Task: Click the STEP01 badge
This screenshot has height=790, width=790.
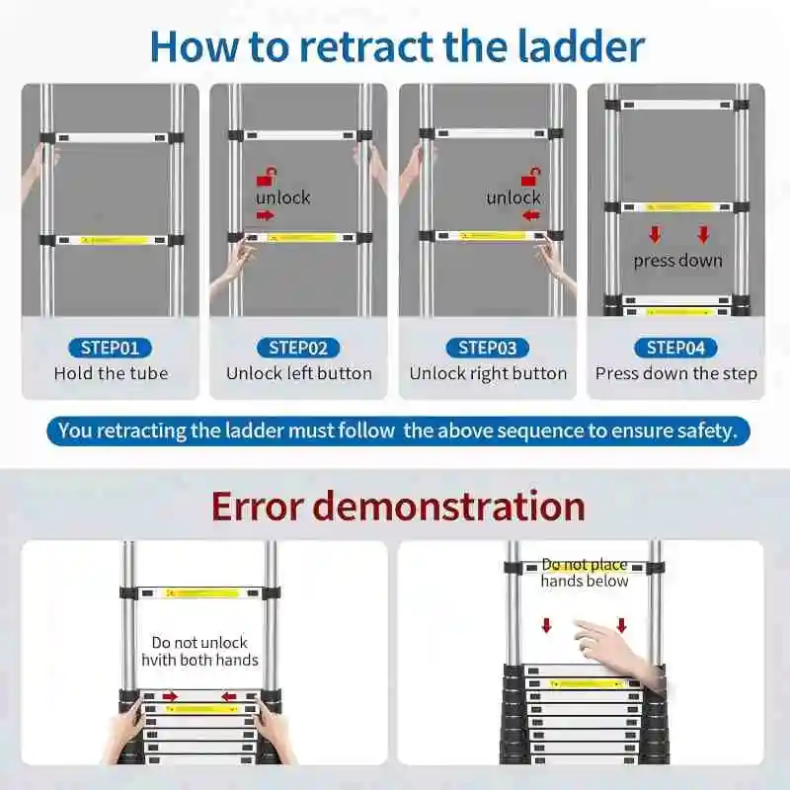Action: point(111,347)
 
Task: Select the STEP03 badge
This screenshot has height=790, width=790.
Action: point(488,347)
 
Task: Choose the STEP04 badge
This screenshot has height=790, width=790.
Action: point(675,347)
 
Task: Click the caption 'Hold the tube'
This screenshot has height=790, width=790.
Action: point(111,373)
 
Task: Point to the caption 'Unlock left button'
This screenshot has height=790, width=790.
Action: point(299,373)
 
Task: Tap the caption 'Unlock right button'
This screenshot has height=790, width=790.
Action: point(488,373)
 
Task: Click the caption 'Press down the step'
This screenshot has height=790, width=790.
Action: point(675,373)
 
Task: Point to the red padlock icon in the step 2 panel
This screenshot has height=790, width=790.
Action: point(265,177)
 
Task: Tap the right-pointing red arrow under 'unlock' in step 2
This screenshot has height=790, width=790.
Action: point(265,215)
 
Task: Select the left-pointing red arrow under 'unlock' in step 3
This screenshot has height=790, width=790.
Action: point(530,215)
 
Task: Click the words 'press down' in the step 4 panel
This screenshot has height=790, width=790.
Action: point(677,261)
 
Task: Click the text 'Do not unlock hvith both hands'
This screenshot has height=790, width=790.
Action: point(199,651)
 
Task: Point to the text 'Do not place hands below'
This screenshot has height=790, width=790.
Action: point(585,573)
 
